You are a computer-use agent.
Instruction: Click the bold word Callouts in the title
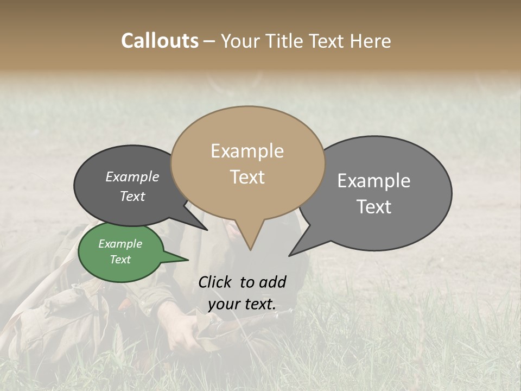(x=160, y=41)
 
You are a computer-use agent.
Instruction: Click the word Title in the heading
(x=288, y=41)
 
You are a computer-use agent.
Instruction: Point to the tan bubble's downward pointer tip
(x=250, y=249)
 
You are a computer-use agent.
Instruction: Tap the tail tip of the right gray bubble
(x=290, y=255)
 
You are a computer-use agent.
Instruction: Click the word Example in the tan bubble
(x=247, y=151)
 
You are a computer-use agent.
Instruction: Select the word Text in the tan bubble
(x=247, y=177)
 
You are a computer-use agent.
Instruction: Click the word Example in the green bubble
(x=120, y=244)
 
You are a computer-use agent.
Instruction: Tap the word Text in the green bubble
(x=120, y=260)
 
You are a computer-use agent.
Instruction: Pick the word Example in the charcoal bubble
(x=132, y=176)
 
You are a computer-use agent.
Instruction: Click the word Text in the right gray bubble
(x=374, y=207)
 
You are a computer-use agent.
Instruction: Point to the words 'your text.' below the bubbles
(x=242, y=305)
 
